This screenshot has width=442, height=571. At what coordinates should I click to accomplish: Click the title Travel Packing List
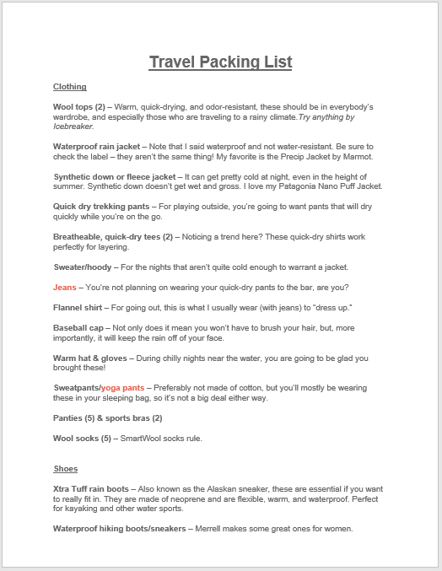pos(220,62)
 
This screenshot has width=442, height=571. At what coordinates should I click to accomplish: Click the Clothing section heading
pos(69,87)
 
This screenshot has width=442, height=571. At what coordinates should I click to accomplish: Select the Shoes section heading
pos(65,469)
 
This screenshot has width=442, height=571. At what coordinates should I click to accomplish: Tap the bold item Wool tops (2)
pos(78,107)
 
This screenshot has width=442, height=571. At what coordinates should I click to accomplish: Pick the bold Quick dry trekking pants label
pos(98,206)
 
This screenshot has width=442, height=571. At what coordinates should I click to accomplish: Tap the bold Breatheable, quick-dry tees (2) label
pos(112,237)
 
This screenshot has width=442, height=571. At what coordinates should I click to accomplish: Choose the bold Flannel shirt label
pos(78,308)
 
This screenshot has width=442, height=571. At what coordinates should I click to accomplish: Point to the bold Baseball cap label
pos(78,328)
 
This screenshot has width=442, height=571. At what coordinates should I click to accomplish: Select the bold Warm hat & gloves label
pos(90,358)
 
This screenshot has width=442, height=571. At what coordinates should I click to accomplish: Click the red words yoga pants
pos(122,388)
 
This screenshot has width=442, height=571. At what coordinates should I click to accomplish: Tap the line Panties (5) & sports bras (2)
pos(107,418)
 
